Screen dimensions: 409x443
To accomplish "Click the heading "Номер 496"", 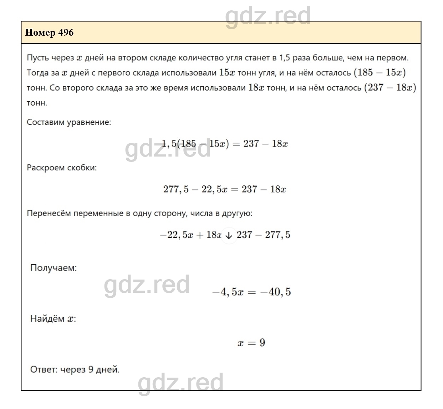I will click(49, 32).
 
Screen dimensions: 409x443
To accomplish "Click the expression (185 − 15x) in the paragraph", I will click(380, 72).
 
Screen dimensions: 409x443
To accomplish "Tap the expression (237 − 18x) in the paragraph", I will click(390, 87).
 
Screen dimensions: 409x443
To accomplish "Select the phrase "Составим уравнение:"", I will click(69, 122).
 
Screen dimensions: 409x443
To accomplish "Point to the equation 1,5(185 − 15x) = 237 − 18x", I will click(225, 144).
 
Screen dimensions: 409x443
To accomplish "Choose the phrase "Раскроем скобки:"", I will click(62, 167).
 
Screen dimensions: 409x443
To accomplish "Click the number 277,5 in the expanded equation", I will click(176, 189).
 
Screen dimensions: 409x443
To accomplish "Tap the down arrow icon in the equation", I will click(229, 235).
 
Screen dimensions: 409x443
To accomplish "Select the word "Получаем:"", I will click(54, 267).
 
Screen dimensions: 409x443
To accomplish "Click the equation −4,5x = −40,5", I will click(251, 292).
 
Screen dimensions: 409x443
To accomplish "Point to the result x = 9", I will click(251, 343).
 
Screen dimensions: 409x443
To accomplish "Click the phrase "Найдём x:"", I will click(53, 318).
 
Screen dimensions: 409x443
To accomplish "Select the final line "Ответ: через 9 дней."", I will click(75, 369).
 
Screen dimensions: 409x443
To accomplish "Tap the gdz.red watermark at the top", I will click(268, 16).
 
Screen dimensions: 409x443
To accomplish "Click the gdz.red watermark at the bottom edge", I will click(180, 382).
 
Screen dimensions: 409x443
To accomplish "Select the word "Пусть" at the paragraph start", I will click(38, 57).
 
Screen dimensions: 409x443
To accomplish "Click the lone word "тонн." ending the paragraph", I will click(37, 103).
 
